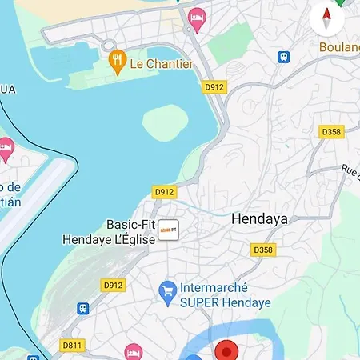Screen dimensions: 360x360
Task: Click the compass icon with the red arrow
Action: point(326,15)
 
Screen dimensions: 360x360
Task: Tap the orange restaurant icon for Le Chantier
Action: point(117,62)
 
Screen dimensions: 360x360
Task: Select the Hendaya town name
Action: point(258,218)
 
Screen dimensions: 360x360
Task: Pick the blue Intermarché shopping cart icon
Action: point(168,292)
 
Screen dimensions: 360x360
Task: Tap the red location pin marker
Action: point(227,351)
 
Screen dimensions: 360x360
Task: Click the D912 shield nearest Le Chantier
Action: point(214,86)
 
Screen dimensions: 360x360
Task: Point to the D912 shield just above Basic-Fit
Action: point(163,192)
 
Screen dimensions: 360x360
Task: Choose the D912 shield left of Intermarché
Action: point(114,284)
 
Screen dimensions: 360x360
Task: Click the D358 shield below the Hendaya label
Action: point(263,250)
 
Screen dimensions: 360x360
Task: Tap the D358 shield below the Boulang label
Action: point(330,130)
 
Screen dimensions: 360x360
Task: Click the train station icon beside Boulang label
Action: point(283,57)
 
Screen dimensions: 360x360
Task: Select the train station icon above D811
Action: point(82,308)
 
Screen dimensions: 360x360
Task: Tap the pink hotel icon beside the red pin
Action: point(133,351)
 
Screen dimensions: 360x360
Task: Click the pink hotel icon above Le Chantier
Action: point(196,16)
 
